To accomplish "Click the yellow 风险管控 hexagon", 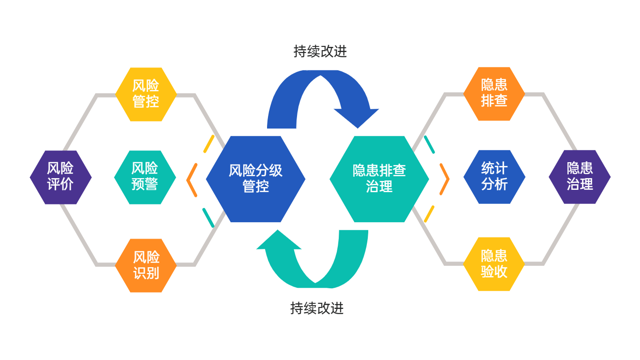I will point(146,94).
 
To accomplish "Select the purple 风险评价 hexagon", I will point(60,177).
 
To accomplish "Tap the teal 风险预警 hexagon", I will point(145,177).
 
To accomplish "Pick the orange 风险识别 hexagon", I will point(146,265).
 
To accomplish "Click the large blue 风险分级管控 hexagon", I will point(255,179).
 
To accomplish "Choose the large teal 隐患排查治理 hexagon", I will point(379,179).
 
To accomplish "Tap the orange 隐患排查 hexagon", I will point(494,94).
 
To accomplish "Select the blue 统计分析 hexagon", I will point(494,177).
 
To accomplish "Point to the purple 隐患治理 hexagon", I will point(580,177).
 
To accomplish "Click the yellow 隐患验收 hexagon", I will point(494,264).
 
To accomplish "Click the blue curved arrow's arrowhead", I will point(357,117).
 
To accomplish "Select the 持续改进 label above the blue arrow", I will point(320,52).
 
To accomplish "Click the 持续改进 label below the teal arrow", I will point(317,308).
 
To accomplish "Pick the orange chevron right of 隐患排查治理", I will point(445,179).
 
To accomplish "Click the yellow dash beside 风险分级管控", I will point(209,144).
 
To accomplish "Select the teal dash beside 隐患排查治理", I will point(429,144).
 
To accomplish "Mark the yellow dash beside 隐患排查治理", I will point(429,214).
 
